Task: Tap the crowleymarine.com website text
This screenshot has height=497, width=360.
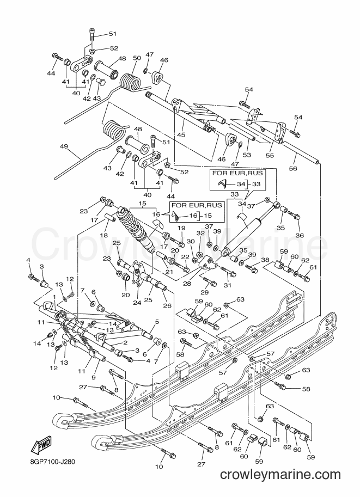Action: click(280, 475)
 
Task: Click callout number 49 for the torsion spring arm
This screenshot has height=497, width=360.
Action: click(64, 146)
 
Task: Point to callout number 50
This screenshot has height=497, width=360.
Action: click(137, 58)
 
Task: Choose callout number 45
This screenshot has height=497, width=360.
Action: click(181, 134)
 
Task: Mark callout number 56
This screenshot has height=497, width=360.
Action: click(293, 168)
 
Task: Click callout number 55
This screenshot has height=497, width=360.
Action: click(270, 155)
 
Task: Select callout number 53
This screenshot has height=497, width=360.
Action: click(247, 155)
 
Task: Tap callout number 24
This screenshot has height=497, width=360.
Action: click(137, 303)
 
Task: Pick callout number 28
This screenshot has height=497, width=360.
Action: click(187, 284)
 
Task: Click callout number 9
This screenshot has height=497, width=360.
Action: click(94, 377)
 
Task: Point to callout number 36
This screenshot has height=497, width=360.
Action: click(300, 235)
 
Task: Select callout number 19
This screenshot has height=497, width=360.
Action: click(181, 228)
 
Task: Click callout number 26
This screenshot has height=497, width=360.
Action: click(167, 305)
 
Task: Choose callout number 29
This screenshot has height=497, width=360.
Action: click(205, 292)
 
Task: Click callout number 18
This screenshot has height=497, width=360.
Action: click(103, 235)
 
